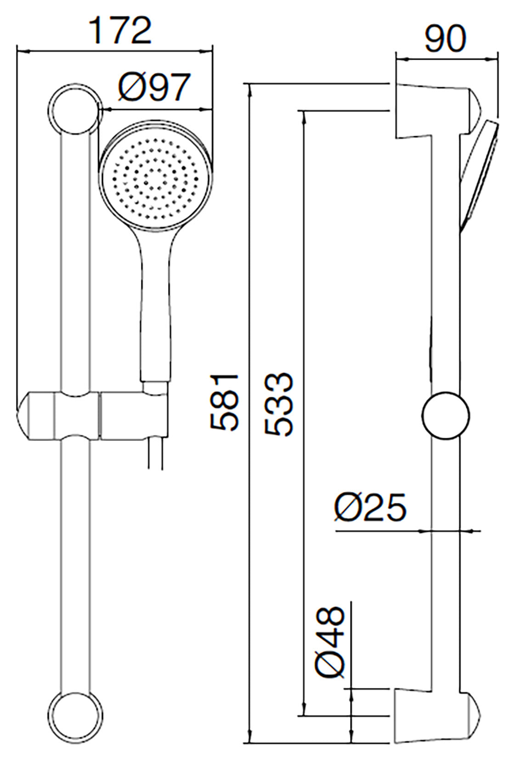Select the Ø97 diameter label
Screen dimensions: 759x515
[153, 87]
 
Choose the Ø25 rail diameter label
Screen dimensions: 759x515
[370, 508]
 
